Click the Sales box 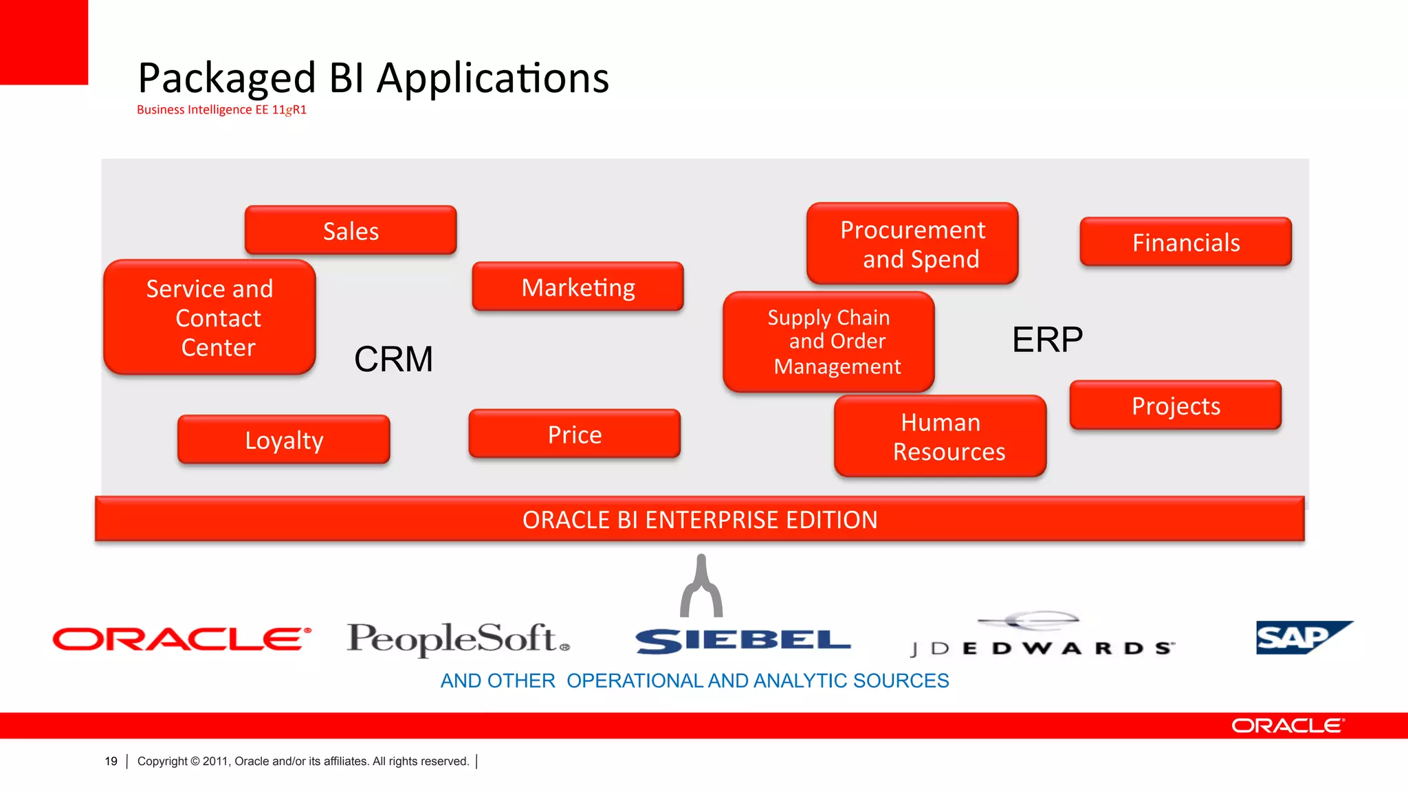[351, 230]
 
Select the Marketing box [577, 287]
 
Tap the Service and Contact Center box [210, 318]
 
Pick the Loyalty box [283, 439]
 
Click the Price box [574, 434]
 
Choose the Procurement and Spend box [912, 244]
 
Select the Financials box [1185, 242]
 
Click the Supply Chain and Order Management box [828, 342]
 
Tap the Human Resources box [940, 437]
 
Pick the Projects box [1176, 406]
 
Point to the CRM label [393, 359]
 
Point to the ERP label [1047, 340]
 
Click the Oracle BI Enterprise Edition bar [699, 519]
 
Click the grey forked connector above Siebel [701, 588]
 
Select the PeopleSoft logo [458, 639]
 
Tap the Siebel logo [743, 641]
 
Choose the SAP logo [1299, 638]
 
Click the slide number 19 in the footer [111, 761]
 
